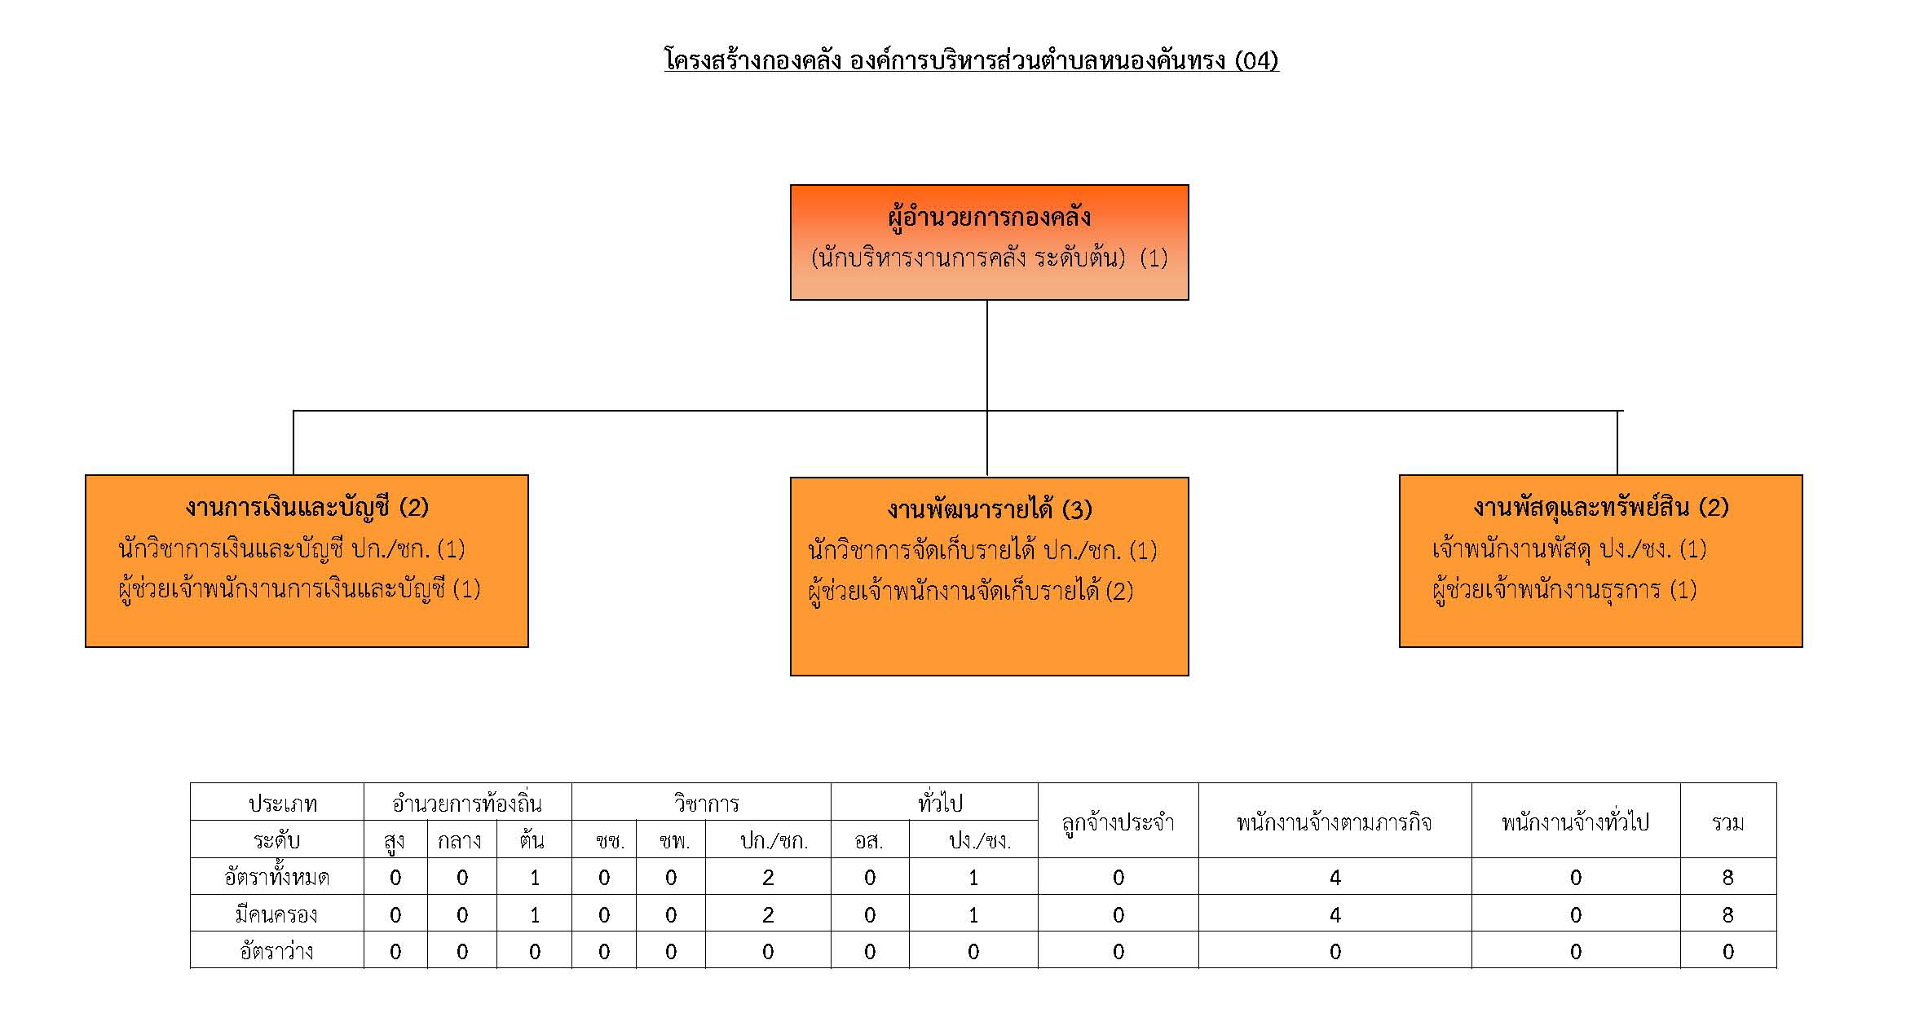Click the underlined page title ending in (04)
coord(972,61)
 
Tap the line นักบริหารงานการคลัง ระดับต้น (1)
coord(989,258)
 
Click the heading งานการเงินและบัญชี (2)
coord(307,508)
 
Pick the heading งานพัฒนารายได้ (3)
coord(989,510)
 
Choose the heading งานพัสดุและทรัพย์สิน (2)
coord(1601,508)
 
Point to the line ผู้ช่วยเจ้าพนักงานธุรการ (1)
coord(1564,589)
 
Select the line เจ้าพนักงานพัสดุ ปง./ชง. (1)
coord(1569,549)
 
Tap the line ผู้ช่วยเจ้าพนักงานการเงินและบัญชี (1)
coord(299,588)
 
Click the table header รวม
coord(1727,822)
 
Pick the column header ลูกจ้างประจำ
coord(1118,822)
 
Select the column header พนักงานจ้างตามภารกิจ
coord(1335,822)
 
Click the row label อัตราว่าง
coord(276,951)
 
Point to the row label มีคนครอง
coord(276,914)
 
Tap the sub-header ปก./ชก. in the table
coord(768,841)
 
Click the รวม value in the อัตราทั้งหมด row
coord(1727,878)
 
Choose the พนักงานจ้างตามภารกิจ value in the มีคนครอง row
coord(1335,915)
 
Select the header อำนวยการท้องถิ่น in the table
coord(467,804)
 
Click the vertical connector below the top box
coord(987,355)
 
